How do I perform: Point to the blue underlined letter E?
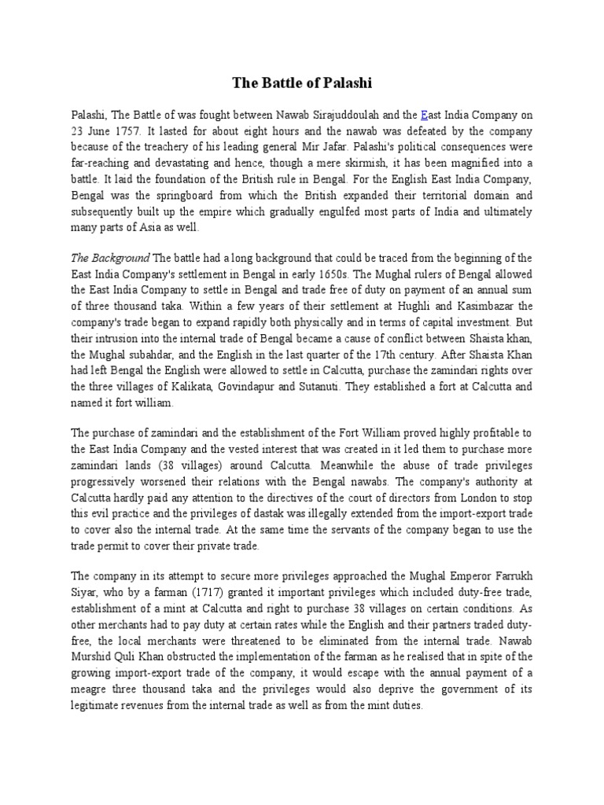425,115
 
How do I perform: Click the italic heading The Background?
111,258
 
